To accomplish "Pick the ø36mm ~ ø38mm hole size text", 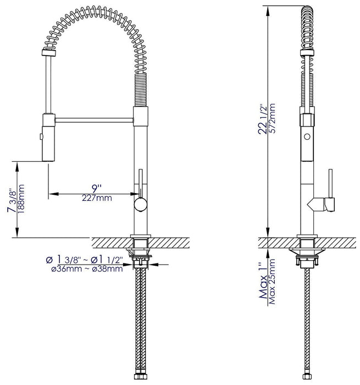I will click(84, 269).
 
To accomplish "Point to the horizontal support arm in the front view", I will click(93, 118).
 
